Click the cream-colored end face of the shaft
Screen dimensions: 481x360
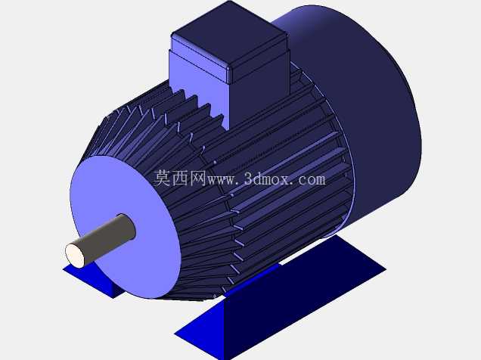pos(75,255)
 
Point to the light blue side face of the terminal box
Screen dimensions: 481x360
pos(200,82)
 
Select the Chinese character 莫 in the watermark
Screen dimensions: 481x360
pos(162,178)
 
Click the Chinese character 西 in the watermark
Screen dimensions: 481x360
pos(180,178)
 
